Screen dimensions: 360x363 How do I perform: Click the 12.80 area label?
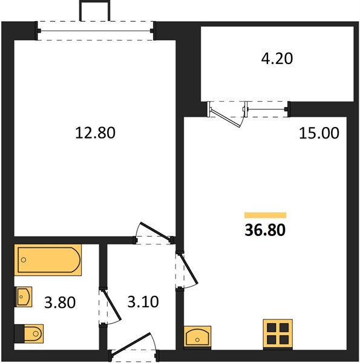(95, 133)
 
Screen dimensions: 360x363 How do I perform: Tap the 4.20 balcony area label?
(277, 58)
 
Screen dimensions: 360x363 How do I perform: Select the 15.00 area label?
(319, 133)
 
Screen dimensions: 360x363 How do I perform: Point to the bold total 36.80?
(265, 230)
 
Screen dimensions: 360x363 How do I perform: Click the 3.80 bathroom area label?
(60, 302)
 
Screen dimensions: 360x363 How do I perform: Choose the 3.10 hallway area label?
(143, 302)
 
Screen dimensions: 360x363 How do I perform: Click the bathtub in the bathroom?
(48, 260)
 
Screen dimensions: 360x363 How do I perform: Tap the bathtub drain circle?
(24, 260)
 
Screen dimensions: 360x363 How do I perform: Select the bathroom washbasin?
(23, 297)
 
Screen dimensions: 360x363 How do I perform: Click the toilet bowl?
(33, 333)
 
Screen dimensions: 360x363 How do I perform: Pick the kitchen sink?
(197, 336)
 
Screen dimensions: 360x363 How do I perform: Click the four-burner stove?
(278, 333)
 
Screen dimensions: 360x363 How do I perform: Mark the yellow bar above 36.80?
(266, 215)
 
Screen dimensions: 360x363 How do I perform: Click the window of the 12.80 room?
(96, 31)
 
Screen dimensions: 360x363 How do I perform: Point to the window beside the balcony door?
(267, 110)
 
